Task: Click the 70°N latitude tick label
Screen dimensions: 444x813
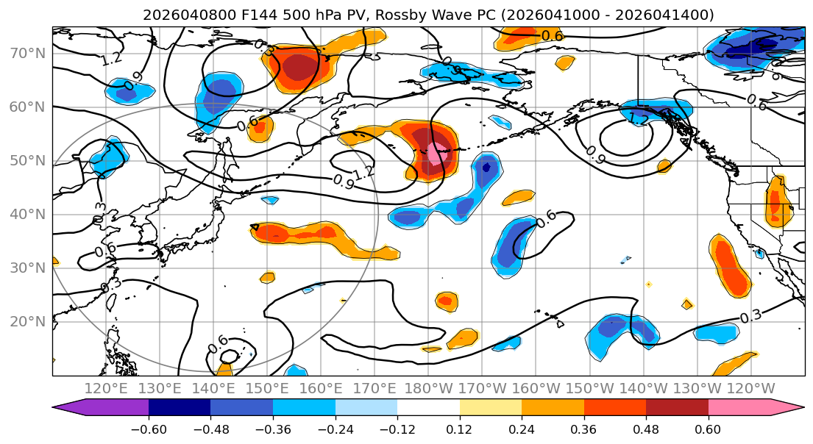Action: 26,53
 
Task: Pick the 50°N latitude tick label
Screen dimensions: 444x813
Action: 26,160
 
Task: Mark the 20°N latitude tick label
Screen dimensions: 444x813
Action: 26,321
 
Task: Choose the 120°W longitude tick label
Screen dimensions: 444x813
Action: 750,388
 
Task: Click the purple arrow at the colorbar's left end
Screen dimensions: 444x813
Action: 70,408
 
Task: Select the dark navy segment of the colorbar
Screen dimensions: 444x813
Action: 180,408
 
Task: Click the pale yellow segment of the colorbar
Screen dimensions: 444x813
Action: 490,408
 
